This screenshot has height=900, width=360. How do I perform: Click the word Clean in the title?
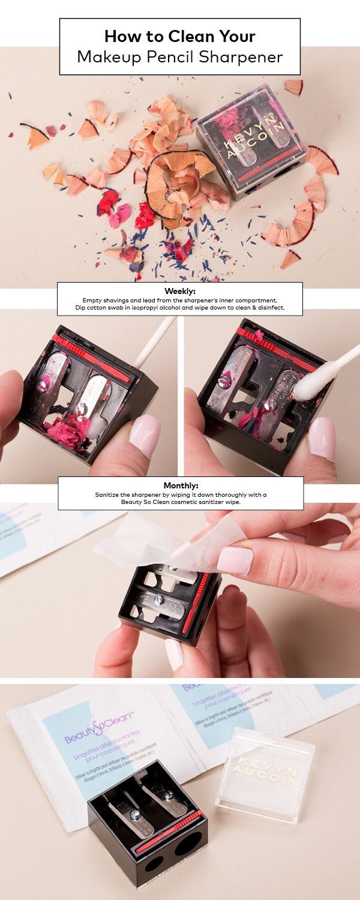click(181, 37)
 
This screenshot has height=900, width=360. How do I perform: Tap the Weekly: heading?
click(180, 290)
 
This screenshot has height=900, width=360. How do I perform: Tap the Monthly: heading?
click(180, 485)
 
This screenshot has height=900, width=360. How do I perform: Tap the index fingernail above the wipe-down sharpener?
click(235, 560)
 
